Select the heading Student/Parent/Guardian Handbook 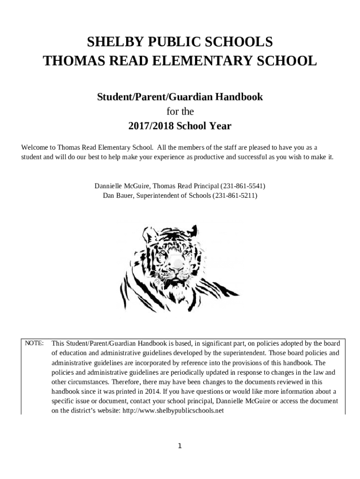point(180,97)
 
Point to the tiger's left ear point(151,232)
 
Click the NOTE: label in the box point(34,343)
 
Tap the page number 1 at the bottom point(180,446)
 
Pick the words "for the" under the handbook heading point(180,112)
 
